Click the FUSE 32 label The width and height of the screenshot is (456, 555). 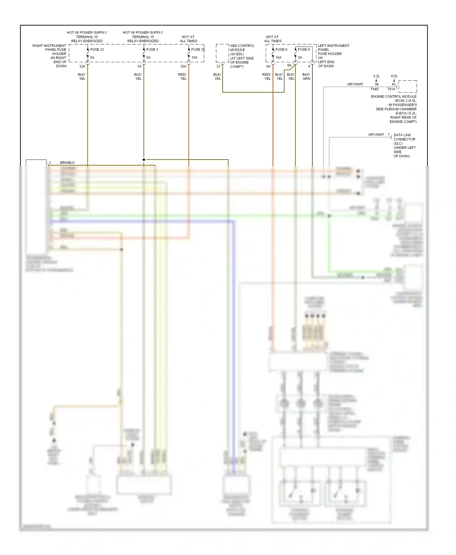97,49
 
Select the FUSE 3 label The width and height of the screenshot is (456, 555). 152,49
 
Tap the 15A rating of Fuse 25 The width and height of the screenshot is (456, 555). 194,57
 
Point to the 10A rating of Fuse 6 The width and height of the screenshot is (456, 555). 278,57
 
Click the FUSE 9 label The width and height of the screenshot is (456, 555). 304,49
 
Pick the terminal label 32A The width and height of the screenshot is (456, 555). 82,66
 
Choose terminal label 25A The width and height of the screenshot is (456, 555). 183,66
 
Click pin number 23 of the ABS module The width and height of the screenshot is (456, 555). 218,66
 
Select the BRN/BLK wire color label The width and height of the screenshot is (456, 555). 67,163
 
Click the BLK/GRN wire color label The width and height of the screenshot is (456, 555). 306,77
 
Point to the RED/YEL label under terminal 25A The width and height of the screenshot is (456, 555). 182,77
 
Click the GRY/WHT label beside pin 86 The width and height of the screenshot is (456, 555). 355,84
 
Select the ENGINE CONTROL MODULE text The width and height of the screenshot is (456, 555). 394,97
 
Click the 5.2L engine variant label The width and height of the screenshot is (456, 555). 376,76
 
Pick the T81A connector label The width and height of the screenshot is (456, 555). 391,89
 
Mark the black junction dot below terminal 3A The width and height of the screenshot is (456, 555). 144,159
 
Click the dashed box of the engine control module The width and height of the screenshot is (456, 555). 408,87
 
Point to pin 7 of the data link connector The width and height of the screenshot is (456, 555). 389,134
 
